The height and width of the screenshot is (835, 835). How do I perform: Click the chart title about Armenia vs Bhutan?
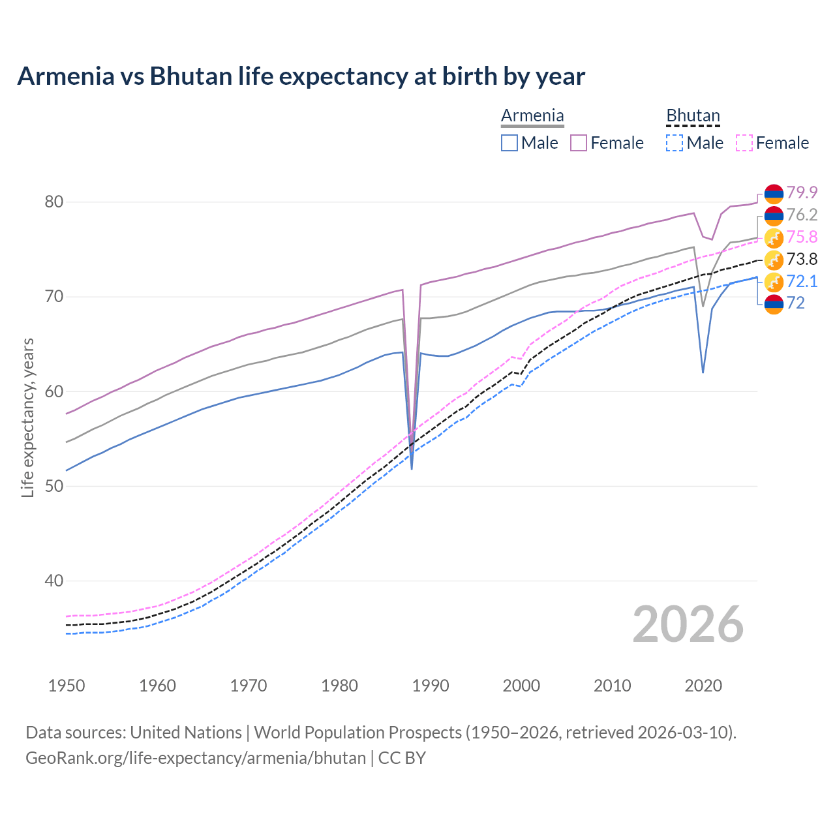point(301,76)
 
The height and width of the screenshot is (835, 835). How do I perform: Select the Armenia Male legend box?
point(509,143)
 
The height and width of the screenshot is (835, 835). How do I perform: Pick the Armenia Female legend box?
point(579,143)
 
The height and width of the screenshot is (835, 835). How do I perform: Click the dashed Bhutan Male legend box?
point(675,143)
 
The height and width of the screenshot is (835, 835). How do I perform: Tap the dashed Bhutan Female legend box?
point(744,143)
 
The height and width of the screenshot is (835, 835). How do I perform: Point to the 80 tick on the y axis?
point(54,202)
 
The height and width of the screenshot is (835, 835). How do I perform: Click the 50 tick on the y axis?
point(54,487)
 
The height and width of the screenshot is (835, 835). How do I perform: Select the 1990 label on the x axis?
point(431,686)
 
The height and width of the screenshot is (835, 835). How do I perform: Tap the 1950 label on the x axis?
point(67,686)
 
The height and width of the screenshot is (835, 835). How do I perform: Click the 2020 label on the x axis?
point(703,686)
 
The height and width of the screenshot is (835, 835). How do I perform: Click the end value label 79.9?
point(802,192)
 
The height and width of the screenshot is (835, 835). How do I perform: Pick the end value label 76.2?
point(802,215)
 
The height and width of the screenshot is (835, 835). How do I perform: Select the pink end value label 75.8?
point(802,237)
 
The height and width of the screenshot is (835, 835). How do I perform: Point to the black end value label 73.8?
point(802,259)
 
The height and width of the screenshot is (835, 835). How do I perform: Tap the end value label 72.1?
point(802,281)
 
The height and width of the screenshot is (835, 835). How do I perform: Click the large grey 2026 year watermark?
point(688,624)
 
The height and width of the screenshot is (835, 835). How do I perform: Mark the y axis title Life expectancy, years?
point(28,417)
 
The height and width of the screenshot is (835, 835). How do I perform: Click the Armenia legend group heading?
point(532,116)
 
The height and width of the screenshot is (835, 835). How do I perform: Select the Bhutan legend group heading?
point(693,116)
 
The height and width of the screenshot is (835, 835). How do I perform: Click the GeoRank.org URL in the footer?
point(196,758)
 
